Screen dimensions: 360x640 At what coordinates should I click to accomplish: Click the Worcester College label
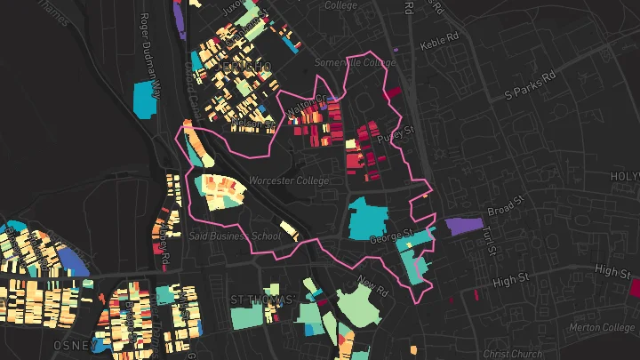[x=288, y=180]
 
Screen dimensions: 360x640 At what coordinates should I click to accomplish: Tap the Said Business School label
[x=235, y=236]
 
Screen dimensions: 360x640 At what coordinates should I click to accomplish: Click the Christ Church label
[x=515, y=353]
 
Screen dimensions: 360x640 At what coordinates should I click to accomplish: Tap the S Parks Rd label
[x=529, y=92]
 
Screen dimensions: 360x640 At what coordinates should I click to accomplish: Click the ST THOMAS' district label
[x=262, y=300]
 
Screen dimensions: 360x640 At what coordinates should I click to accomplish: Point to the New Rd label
[x=373, y=286]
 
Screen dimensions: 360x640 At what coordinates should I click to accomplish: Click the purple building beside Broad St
[x=462, y=225]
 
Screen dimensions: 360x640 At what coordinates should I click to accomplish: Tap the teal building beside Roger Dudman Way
[x=143, y=100]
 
